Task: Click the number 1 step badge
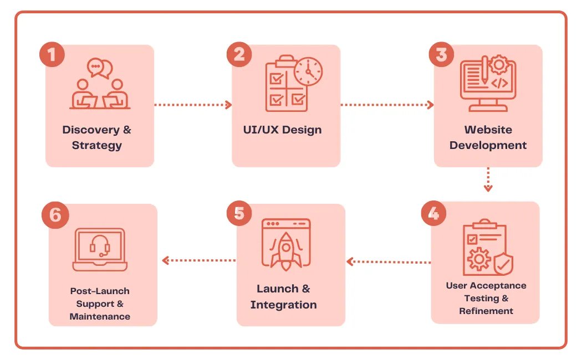pyautogui.click(x=52, y=55)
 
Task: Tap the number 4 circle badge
pyautogui.click(x=433, y=214)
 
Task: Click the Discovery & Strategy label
pyautogui.click(x=97, y=137)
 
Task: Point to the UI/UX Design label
pyautogui.click(x=282, y=130)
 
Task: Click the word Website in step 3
pyautogui.click(x=488, y=130)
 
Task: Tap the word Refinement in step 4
pyautogui.click(x=486, y=311)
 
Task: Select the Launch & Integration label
pyautogui.click(x=283, y=296)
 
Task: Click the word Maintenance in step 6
pyautogui.click(x=100, y=316)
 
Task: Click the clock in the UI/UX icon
pyautogui.click(x=308, y=71)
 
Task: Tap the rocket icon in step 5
pyautogui.click(x=285, y=250)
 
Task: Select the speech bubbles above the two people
pyautogui.click(x=100, y=68)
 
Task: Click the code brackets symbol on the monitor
pyautogui.click(x=499, y=83)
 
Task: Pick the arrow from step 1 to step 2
pyautogui.click(x=192, y=104)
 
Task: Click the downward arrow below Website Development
pyautogui.click(x=488, y=179)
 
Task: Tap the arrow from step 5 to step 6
pyautogui.click(x=198, y=260)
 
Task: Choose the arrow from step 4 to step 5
pyautogui.click(x=388, y=261)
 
